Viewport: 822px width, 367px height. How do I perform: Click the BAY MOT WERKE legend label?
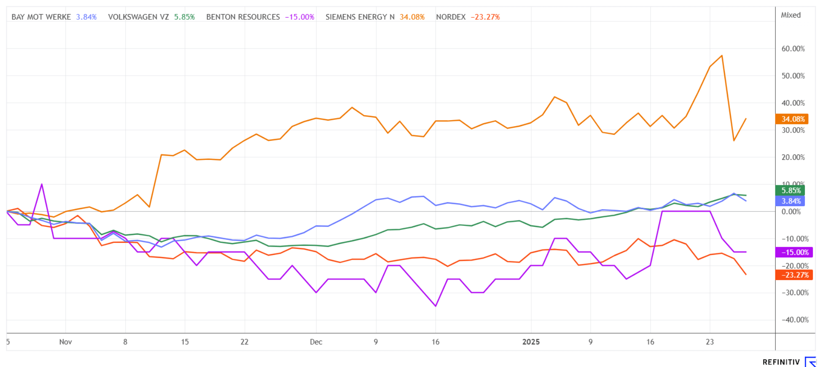41,17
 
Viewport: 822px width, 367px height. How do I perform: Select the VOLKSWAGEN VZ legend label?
138,17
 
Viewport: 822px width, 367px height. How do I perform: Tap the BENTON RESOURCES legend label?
243,17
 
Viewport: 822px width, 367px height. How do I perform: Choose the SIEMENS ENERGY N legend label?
360,17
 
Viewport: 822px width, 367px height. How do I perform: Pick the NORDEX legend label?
450,17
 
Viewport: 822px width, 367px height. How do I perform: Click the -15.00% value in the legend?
300,17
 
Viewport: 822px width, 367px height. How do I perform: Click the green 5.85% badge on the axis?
790,190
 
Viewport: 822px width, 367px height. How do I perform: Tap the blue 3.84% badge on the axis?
790,201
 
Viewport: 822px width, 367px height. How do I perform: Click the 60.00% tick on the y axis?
793,49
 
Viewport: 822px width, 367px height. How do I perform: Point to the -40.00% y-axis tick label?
795,320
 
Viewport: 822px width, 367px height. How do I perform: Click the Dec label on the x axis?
316,342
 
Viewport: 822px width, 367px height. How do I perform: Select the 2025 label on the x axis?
531,342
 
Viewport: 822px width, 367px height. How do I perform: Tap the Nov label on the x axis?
66,342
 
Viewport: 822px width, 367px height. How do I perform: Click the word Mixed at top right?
790,15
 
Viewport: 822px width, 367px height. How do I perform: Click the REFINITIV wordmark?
781,362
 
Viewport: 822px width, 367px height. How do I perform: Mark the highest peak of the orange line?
722,56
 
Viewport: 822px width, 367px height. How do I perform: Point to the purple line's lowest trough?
435,306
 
